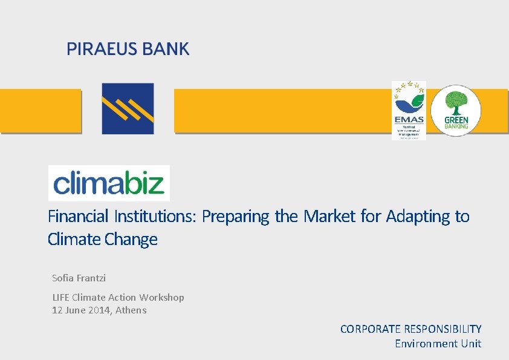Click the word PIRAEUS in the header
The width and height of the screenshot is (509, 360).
click(x=103, y=49)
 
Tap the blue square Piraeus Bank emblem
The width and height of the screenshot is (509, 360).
click(x=128, y=108)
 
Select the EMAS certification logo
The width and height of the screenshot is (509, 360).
click(x=409, y=110)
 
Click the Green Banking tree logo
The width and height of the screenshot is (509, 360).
click(x=456, y=110)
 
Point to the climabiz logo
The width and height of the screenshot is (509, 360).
click(x=109, y=183)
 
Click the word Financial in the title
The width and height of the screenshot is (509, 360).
click(x=78, y=216)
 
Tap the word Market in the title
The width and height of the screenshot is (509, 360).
click(x=330, y=216)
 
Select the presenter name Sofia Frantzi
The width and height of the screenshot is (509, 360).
click(x=79, y=278)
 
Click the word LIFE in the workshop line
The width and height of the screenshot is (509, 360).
click(x=60, y=297)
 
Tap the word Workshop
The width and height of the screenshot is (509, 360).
click(x=161, y=297)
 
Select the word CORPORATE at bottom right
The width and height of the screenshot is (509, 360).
click(x=371, y=329)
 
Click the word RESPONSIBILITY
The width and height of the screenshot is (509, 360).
click(x=443, y=329)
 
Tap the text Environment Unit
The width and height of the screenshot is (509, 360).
click(x=438, y=343)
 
